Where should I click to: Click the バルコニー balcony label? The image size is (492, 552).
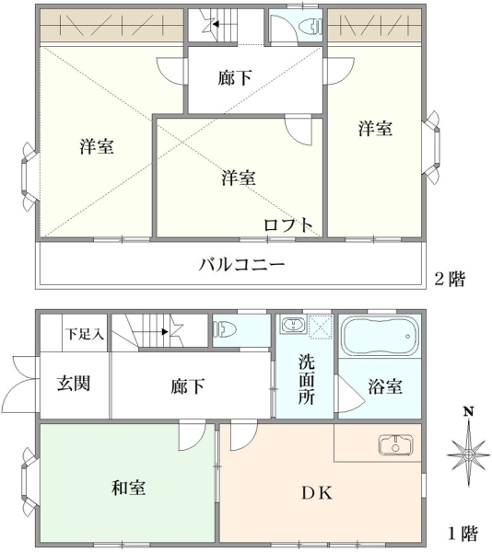(241, 264)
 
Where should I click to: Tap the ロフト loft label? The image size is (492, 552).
(288, 225)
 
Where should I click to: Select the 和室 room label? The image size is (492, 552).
(129, 489)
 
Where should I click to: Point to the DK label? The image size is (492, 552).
(317, 493)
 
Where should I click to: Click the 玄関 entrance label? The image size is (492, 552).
(74, 384)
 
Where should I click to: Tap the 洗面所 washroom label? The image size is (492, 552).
(306, 380)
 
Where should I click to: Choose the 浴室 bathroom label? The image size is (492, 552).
(385, 386)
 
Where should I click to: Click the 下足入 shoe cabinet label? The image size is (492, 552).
(85, 334)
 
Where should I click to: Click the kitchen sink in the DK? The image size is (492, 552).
(395, 445)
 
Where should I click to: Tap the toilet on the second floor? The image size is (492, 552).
(310, 27)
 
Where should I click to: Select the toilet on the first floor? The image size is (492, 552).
(225, 330)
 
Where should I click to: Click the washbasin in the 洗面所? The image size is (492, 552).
(293, 324)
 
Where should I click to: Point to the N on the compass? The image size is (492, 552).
(468, 412)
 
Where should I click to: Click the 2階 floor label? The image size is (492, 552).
(450, 279)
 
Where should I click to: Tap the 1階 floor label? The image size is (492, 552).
(463, 535)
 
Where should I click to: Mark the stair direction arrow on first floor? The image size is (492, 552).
(165, 331)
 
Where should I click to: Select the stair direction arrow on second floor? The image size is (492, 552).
(216, 24)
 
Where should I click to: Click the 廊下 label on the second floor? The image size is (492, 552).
(235, 78)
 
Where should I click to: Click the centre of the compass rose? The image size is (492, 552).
(468, 454)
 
